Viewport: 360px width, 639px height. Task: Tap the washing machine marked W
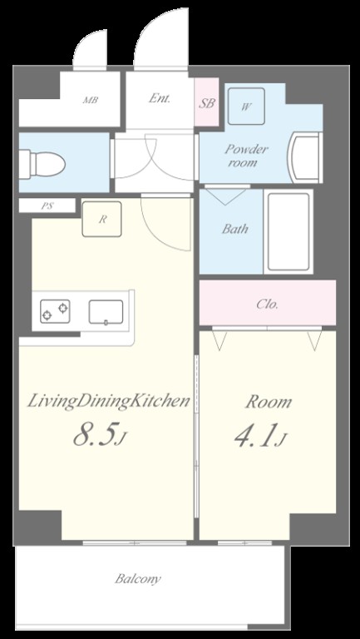pos(246,106)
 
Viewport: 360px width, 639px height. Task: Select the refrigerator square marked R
pos(101,219)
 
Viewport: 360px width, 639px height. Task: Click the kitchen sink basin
pos(106,312)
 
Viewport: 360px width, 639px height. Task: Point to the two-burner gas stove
pos(55,311)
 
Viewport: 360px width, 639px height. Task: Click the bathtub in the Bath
pos(288,231)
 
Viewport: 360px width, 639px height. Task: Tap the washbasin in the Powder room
pos(304,157)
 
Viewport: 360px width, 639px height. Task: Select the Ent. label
pos(160,98)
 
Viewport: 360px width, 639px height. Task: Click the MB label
pos(91,100)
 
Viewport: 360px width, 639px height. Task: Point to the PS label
pos(47,206)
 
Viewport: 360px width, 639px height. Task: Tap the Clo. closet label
pos(267,305)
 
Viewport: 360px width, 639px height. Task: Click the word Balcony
pos(138,579)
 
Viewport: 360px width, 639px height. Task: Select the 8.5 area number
pos(96,435)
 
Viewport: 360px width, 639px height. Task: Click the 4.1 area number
pos(257,435)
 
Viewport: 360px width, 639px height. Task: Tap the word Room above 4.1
pos(269,402)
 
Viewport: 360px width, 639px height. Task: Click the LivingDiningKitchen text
pos(108,402)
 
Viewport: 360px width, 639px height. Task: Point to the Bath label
pos(235,229)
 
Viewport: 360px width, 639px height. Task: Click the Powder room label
pos(246,156)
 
